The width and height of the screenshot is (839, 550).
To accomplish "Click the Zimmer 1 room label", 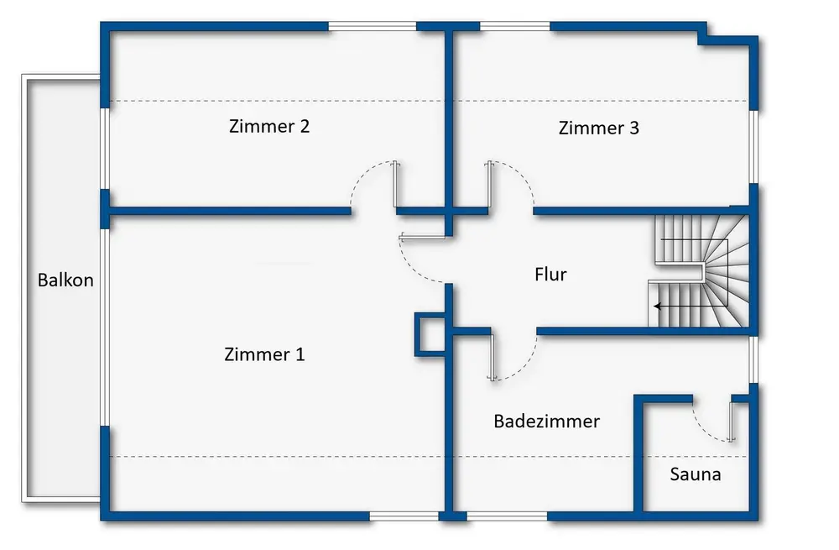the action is click(x=264, y=354).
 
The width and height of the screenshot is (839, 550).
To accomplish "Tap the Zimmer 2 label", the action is click(x=269, y=126).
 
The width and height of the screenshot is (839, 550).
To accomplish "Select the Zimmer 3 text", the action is click(x=599, y=128).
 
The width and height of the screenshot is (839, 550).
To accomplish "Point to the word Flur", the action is click(x=550, y=275).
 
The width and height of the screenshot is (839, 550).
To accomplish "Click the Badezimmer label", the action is click(x=546, y=421).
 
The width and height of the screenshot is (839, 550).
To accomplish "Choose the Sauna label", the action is click(x=695, y=474).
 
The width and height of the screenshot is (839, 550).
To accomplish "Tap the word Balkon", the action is click(x=65, y=280).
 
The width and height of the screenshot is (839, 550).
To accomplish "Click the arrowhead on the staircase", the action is click(x=657, y=306).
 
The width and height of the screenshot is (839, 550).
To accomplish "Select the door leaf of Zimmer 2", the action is click(x=395, y=184).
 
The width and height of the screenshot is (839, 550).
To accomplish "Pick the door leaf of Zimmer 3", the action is click(x=490, y=184).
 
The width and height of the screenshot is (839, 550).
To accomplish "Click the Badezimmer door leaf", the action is click(x=492, y=357).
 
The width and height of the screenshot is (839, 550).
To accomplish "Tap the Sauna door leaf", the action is click(x=732, y=422).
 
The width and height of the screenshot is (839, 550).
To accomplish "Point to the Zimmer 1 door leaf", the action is click(x=422, y=237).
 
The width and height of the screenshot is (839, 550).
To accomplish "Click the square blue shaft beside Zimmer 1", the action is click(x=430, y=335).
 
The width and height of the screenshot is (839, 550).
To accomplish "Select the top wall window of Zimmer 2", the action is click(x=373, y=26).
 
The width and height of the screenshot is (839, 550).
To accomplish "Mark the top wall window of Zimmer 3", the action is click(x=515, y=26).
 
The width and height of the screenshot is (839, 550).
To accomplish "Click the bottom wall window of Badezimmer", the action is click(x=507, y=516).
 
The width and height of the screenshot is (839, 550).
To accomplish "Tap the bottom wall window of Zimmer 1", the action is click(x=404, y=516).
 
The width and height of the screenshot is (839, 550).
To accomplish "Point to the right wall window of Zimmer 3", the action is click(x=753, y=147).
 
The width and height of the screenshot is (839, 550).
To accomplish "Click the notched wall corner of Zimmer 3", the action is click(x=702, y=38).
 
